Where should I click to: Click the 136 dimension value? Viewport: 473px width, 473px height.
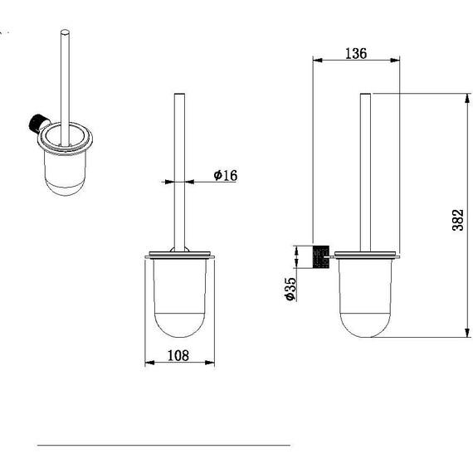pos(356,53)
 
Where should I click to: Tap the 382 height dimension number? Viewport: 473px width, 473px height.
pos(457,220)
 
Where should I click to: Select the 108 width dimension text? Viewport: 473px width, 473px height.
pos(178,355)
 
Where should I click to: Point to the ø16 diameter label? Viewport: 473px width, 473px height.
pos(226,175)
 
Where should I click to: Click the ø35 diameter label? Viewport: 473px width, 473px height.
pos(290,289)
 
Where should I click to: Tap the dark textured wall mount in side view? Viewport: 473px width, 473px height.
pos(321,256)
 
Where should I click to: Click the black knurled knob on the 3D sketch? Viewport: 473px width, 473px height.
pos(37,123)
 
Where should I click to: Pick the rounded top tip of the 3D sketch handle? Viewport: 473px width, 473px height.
pos(65,32)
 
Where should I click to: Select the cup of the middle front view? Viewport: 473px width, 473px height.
pos(179,298)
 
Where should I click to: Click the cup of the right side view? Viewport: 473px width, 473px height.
pos(365,298)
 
